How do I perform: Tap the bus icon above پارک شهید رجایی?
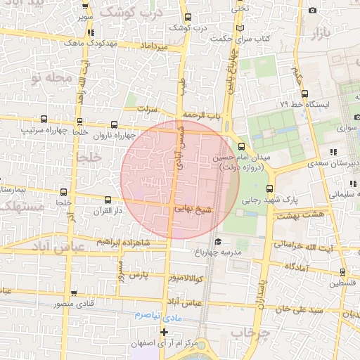[270, 188]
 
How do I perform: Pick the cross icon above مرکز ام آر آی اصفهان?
[165, 332]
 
